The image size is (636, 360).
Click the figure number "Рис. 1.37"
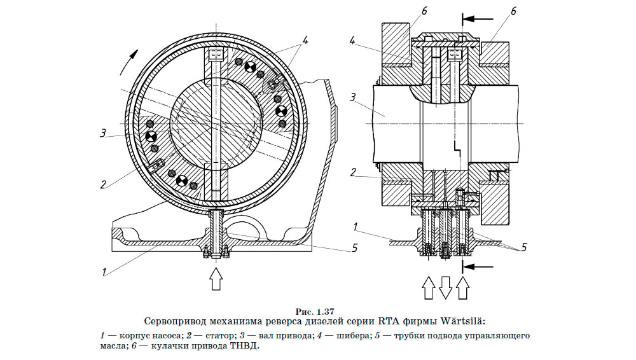coord(316,312)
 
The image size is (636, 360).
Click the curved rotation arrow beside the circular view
coord(127,64)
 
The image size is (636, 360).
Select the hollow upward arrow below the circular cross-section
coord(217,278)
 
